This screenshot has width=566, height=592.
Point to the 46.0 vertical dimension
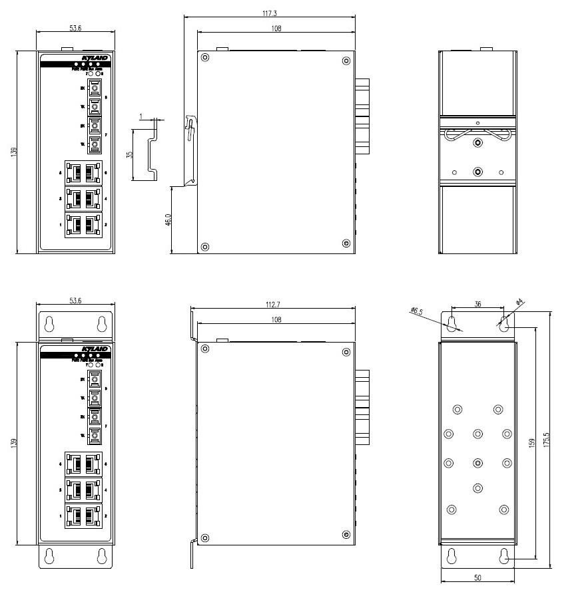coord(166,220)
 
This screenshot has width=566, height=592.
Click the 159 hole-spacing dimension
coord(531,442)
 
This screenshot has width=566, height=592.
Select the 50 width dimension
coord(477,577)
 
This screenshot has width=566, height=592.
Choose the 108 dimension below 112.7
coord(275,320)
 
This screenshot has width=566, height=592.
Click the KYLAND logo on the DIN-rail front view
coord(94,59)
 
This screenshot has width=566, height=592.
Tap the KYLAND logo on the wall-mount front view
coord(94,349)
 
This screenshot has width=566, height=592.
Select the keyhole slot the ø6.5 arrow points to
coord(453,323)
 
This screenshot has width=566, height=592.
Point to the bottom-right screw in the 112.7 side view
coord(345,534)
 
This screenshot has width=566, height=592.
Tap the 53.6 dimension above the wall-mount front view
coord(75,301)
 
